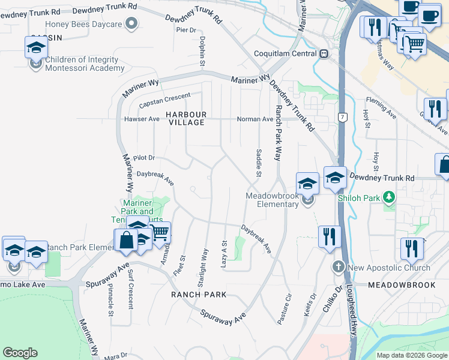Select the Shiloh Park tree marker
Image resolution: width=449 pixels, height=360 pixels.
pos(390,197)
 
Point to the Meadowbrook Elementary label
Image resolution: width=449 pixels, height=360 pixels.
pos(273,204)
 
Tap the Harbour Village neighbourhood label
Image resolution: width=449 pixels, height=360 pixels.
pos(186,118)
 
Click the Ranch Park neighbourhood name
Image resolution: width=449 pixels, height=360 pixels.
pos(199,295)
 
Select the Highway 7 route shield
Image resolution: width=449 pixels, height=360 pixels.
pos(342,116)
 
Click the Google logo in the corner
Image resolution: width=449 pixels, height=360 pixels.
pos(20,353)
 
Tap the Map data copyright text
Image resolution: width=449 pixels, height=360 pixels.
pos(411,355)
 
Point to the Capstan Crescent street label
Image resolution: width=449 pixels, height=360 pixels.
pos(164,100)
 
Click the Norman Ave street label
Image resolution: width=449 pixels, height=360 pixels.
pos(255,119)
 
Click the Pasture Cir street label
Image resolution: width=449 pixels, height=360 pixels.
pos(284,309)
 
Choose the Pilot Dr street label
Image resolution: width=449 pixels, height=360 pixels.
pos(143,158)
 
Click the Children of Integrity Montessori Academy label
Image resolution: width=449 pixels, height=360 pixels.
pos(85,64)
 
